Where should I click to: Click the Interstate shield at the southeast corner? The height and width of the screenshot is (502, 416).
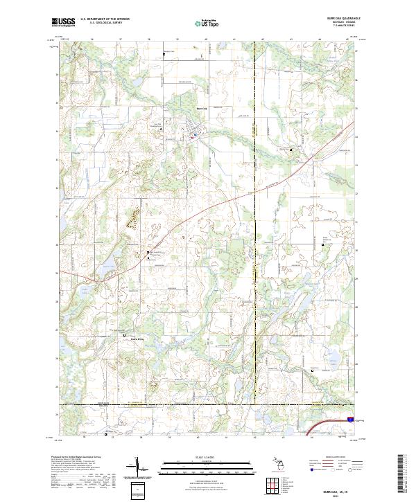pos(351,418)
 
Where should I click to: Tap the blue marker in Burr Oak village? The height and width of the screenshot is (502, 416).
pos(196,134)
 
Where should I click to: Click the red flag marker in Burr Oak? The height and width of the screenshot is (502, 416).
pos(191,136)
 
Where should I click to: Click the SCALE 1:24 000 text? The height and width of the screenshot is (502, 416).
pos(207,458)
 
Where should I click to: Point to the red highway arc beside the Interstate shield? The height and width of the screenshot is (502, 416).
pos(325,422)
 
